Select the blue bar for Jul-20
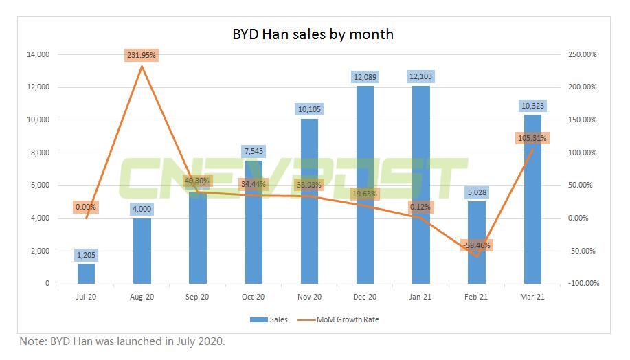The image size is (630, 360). (x=87, y=273)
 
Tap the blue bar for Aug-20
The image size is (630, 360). (x=142, y=251)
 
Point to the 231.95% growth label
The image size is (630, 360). (x=142, y=55)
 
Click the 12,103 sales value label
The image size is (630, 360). (x=420, y=76)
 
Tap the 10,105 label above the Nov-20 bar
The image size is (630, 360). (x=309, y=109)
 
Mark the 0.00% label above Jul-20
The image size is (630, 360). (x=87, y=207)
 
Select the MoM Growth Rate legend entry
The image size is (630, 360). (x=346, y=319)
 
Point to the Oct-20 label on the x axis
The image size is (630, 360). (x=254, y=297)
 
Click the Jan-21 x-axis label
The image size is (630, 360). (x=420, y=297)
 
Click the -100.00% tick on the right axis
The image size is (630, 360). (x=583, y=284)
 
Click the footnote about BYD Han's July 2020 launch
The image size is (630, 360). (x=122, y=341)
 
